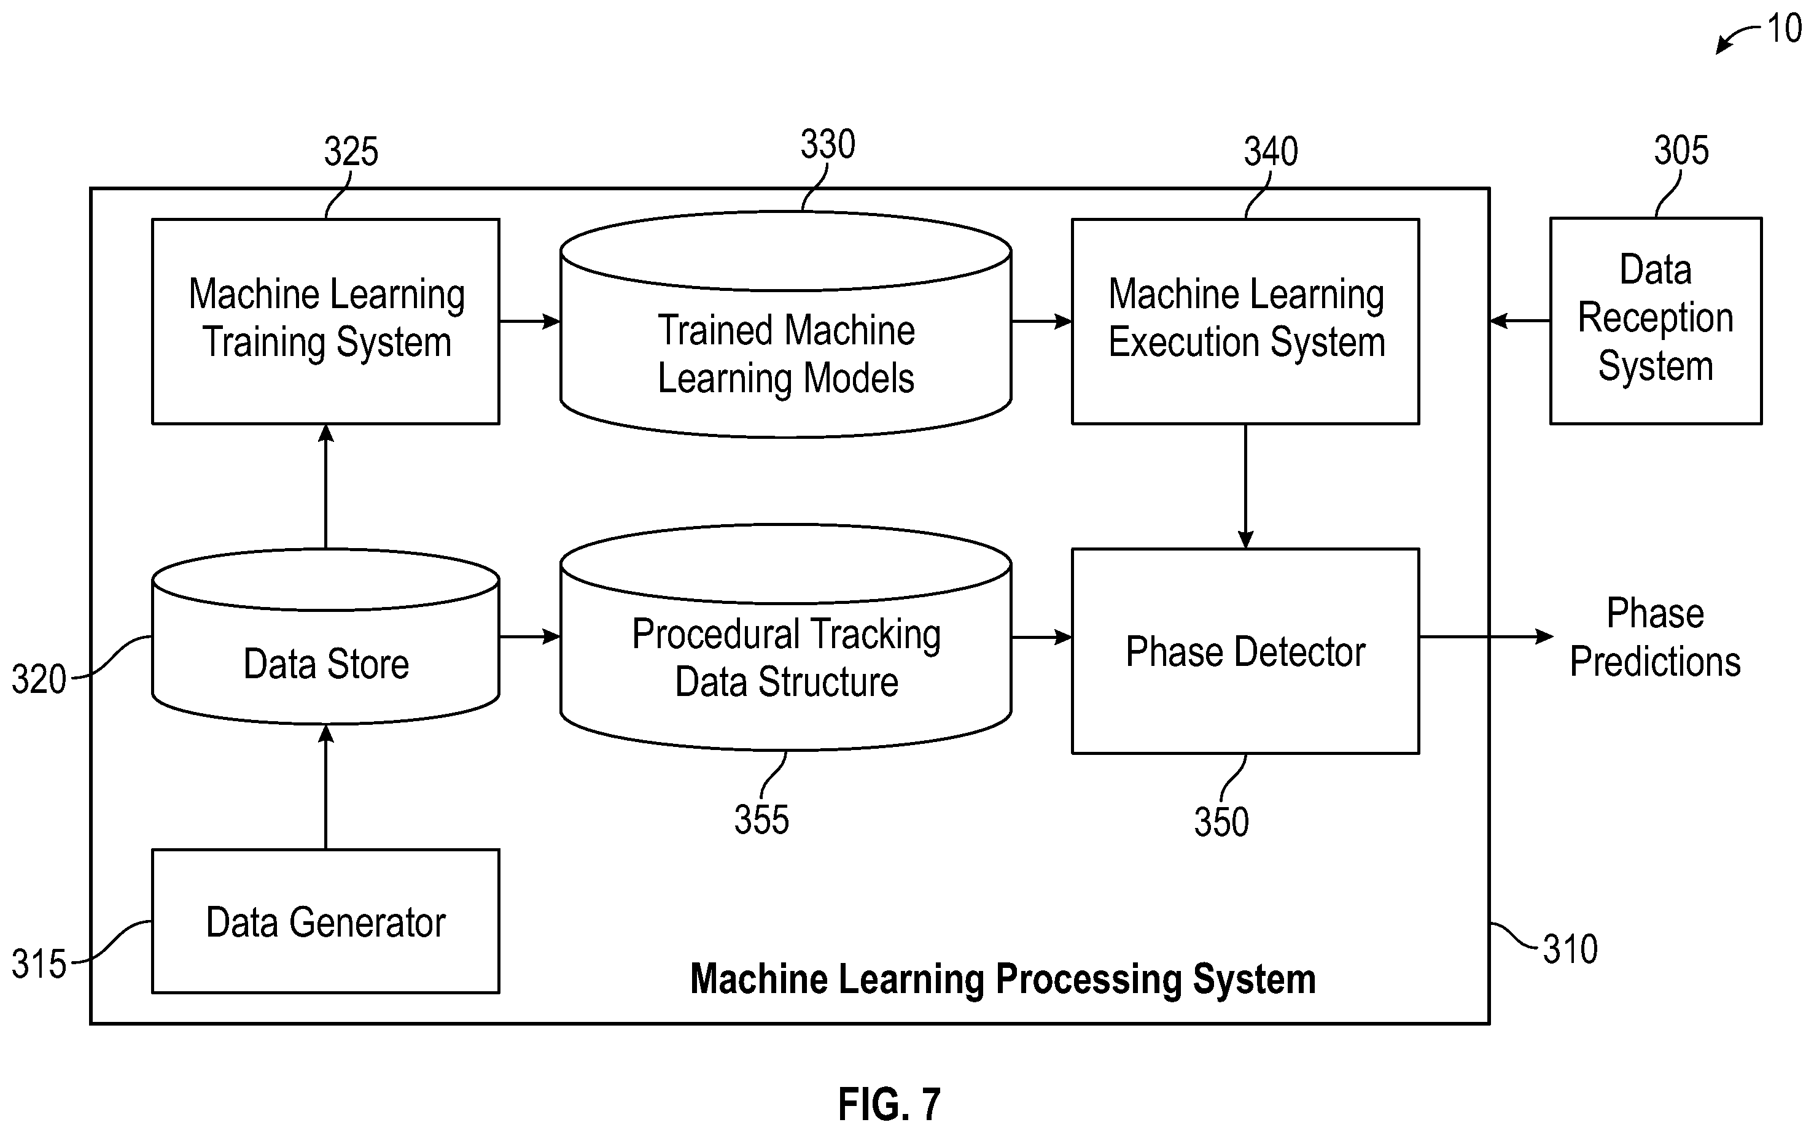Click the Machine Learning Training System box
326,322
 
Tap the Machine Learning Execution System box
1245,322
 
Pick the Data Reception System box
1656,321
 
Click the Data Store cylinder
326,637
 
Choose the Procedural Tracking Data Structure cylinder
785,637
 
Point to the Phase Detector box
1245,651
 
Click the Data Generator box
326,921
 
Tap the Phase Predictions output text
1655,638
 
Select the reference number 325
351,152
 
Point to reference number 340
1271,152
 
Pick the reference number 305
1681,150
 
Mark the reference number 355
761,820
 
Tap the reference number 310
1570,949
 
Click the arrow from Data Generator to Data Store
326,787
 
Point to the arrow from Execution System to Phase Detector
1246,486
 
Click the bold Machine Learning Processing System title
1003,978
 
